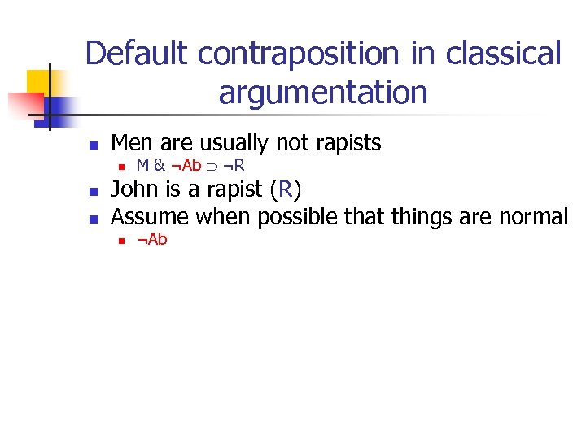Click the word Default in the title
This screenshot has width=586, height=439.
coord(137,54)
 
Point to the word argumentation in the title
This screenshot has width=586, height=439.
coord(322,93)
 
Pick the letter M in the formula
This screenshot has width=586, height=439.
coord(142,167)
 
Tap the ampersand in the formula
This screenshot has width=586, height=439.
coord(158,167)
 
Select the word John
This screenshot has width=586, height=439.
coord(131,191)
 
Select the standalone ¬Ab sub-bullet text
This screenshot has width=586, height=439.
coord(151,240)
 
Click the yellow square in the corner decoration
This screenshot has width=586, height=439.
coord(38,81)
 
